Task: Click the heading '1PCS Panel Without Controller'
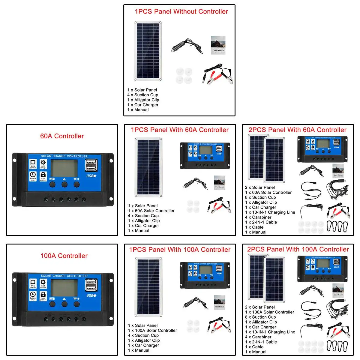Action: (x=181, y=12)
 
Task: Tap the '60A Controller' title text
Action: (x=62, y=136)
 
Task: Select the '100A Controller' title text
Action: (x=64, y=256)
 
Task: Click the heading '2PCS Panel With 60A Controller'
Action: (x=297, y=130)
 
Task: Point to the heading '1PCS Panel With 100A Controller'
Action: (x=180, y=250)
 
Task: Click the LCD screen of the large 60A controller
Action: (x=64, y=168)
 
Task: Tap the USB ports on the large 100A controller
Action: (x=91, y=285)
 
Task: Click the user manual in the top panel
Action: (x=218, y=45)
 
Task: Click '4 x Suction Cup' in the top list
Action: (x=142, y=95)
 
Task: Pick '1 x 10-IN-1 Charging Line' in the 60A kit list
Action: (x=270, y=212)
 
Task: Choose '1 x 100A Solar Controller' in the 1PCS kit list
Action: (x=152, y=330)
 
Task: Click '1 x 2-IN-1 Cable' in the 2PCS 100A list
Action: (x=261, y=342)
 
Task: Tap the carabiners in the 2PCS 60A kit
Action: (x=337, y=227)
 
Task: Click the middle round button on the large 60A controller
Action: (x=64, y=184)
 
